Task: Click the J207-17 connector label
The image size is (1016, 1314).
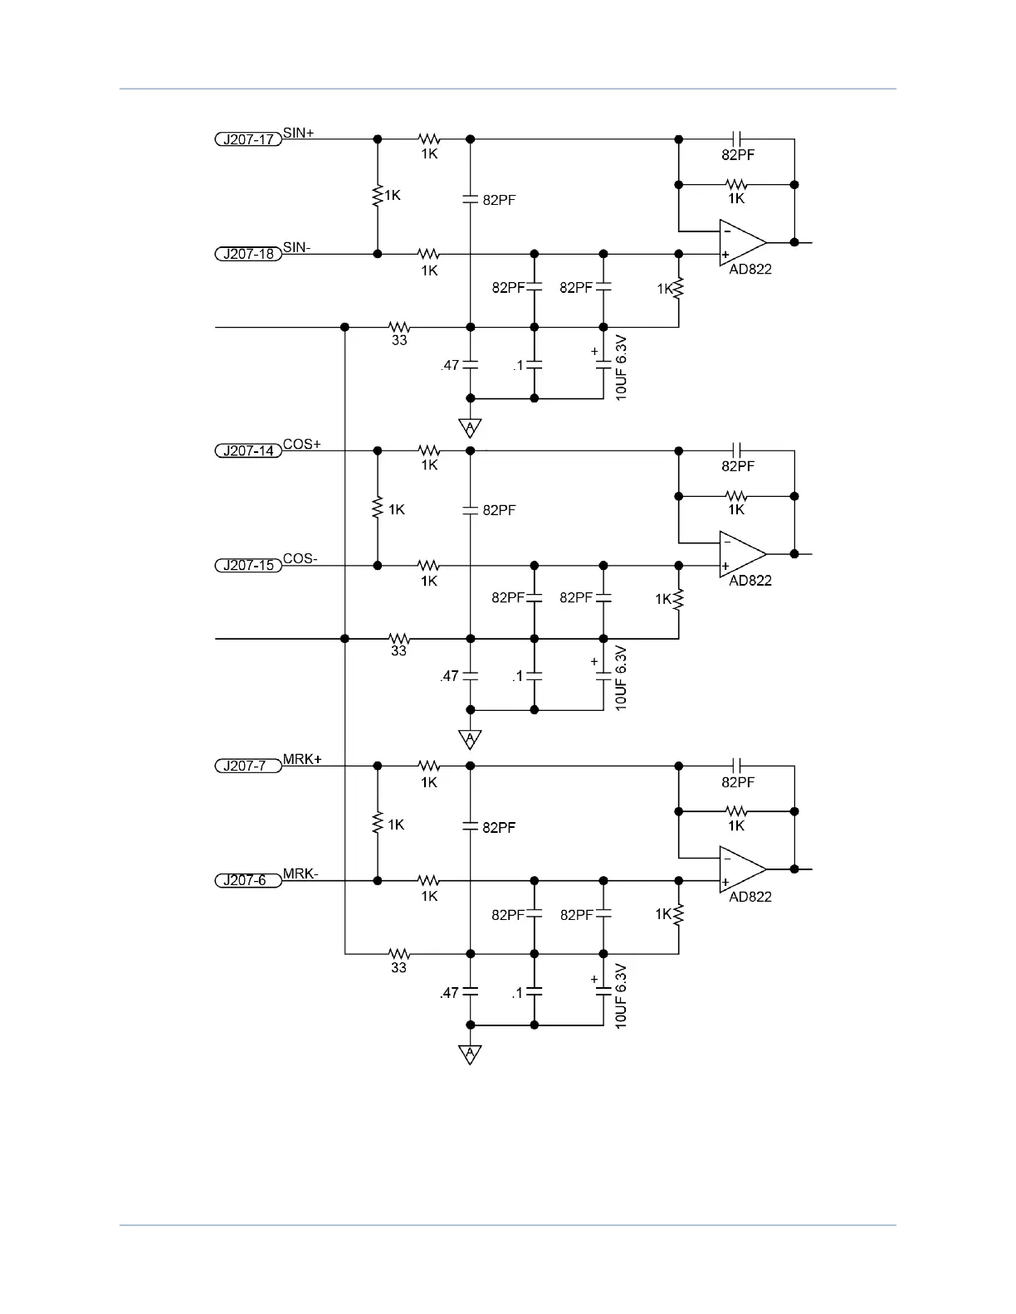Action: (248, 139)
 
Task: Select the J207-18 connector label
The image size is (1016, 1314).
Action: (248, 254)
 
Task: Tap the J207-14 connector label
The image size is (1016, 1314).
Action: (248, 451)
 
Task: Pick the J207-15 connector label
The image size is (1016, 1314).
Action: (248, 566)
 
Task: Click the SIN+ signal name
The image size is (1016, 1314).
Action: (299, 132)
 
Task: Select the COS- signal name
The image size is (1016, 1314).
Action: (300, 558)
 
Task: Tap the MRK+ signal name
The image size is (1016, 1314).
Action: (302, 759)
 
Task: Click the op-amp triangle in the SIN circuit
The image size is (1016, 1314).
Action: (742, 242)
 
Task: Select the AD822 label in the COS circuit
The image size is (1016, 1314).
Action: (750, 581)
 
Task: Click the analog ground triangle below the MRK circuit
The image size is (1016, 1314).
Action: (470, 1054)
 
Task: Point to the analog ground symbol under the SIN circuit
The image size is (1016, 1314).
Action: (470, 428)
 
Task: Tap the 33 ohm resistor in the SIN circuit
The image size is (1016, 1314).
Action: (399, 327)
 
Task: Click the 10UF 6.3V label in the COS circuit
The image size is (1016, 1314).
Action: (621, 679)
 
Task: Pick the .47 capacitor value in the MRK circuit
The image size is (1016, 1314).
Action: (449, 992)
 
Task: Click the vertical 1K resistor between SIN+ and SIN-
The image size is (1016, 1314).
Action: (378, 196)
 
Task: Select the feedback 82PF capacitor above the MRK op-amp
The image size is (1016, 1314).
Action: (737, 765)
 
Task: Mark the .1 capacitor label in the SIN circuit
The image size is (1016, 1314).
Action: (518, 365)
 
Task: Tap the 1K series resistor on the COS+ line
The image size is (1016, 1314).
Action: (429, 451)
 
